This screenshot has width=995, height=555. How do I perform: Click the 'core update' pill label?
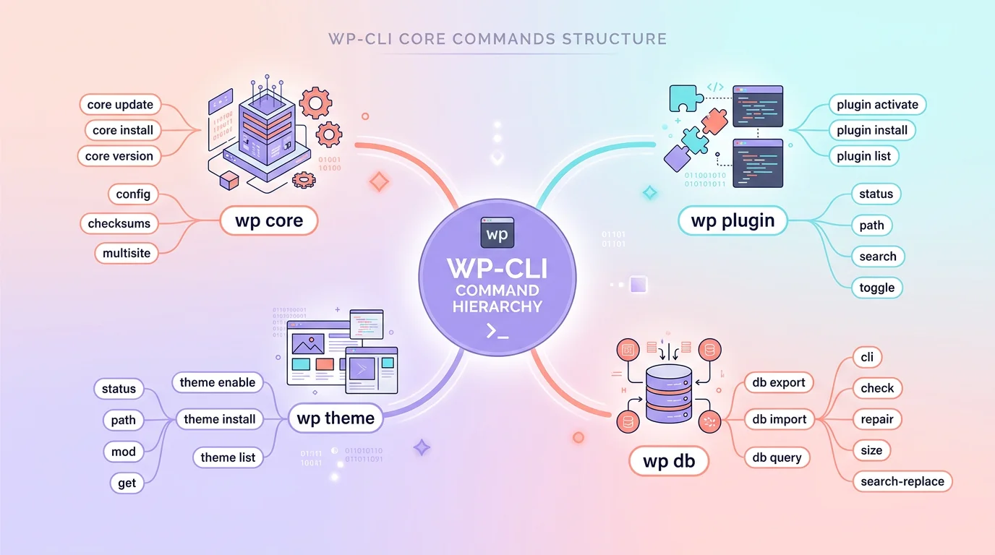(120, 105)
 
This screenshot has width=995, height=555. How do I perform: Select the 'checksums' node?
(119, 223)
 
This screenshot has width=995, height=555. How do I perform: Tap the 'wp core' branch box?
(269, 220)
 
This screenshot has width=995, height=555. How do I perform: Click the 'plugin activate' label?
(877, 105)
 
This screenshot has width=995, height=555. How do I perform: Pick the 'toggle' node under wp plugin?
(876, 288)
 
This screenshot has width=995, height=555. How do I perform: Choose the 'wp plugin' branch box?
(733, 220)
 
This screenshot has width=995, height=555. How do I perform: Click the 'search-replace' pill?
(902, 481)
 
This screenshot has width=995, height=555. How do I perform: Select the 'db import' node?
(779, 419)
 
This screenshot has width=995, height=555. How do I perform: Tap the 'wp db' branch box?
(668, 461)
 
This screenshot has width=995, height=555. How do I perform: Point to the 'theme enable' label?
(218, 382)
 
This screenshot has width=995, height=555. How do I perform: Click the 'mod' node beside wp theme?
(124, 452)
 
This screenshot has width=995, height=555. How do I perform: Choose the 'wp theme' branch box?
(336, 418)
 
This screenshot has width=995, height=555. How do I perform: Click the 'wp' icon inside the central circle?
(497, 233)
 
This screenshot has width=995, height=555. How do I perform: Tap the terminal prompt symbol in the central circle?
(497, 332)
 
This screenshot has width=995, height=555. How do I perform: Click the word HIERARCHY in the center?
(497, 306)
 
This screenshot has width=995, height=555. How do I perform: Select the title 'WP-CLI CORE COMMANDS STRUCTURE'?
(497, 38)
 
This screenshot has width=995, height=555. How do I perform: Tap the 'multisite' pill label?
(126, 253)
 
